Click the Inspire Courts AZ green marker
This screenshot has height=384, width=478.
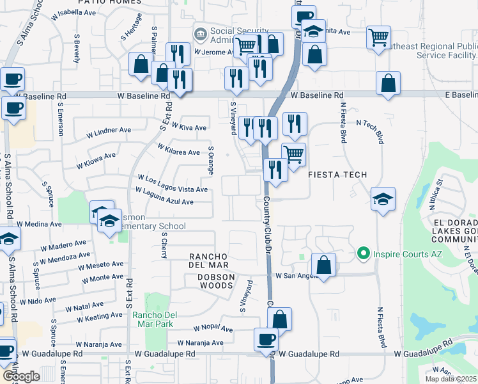(x=363, y=254)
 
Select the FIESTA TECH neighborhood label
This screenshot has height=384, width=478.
(x=338, y=175)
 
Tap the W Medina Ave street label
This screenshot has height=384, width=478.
(x=40, y=225)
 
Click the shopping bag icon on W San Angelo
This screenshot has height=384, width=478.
(x=324, y=265)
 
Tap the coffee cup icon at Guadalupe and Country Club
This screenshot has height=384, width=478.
(x=266, y=339)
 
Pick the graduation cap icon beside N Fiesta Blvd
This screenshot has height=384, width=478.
(x=383, y=200)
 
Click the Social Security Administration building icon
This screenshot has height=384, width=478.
(x=201, y=33)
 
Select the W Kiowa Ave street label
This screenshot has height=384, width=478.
(x=96, y=160)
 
